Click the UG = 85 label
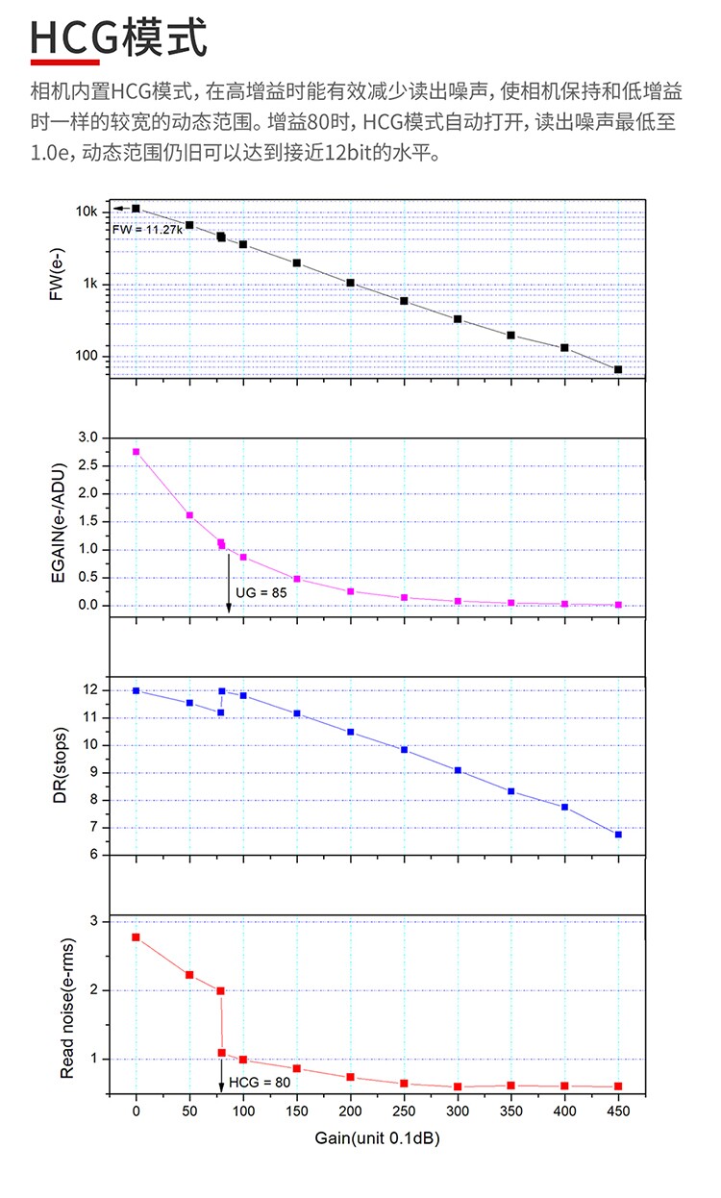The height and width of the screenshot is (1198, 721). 261,592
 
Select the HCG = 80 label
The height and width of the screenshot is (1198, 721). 259,1084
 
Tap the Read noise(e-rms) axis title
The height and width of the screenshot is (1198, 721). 67,1005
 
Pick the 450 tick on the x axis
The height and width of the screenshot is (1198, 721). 618,1111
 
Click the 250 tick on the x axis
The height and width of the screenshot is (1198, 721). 404,1111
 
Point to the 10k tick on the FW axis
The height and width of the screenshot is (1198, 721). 87,212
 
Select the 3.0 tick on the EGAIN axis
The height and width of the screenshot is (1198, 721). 87,437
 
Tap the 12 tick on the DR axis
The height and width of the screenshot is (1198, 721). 89,690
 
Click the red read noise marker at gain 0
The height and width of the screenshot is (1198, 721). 137,936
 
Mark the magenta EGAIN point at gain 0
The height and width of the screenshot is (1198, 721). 137,452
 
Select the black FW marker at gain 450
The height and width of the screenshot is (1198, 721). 618,369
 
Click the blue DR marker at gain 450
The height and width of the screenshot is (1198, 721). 618,835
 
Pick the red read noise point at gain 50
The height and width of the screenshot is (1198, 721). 189,975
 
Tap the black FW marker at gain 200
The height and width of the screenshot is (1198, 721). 351,283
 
